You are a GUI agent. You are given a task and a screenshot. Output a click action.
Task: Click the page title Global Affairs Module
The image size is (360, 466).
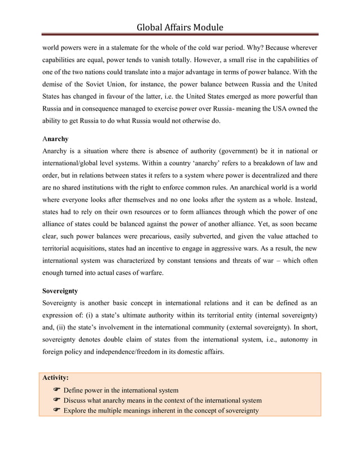pos(180,27)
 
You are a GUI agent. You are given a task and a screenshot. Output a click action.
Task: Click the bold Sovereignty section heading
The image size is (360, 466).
pos(61,292)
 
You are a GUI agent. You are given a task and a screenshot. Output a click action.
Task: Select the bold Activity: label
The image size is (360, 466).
pos(56,378)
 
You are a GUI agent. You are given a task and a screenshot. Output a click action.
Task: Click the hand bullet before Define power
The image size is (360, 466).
pos(56,390)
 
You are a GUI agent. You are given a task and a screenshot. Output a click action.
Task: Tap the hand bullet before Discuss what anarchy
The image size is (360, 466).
pos(56,401)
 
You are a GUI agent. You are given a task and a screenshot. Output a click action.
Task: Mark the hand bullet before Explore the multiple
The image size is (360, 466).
pos(56,411)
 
